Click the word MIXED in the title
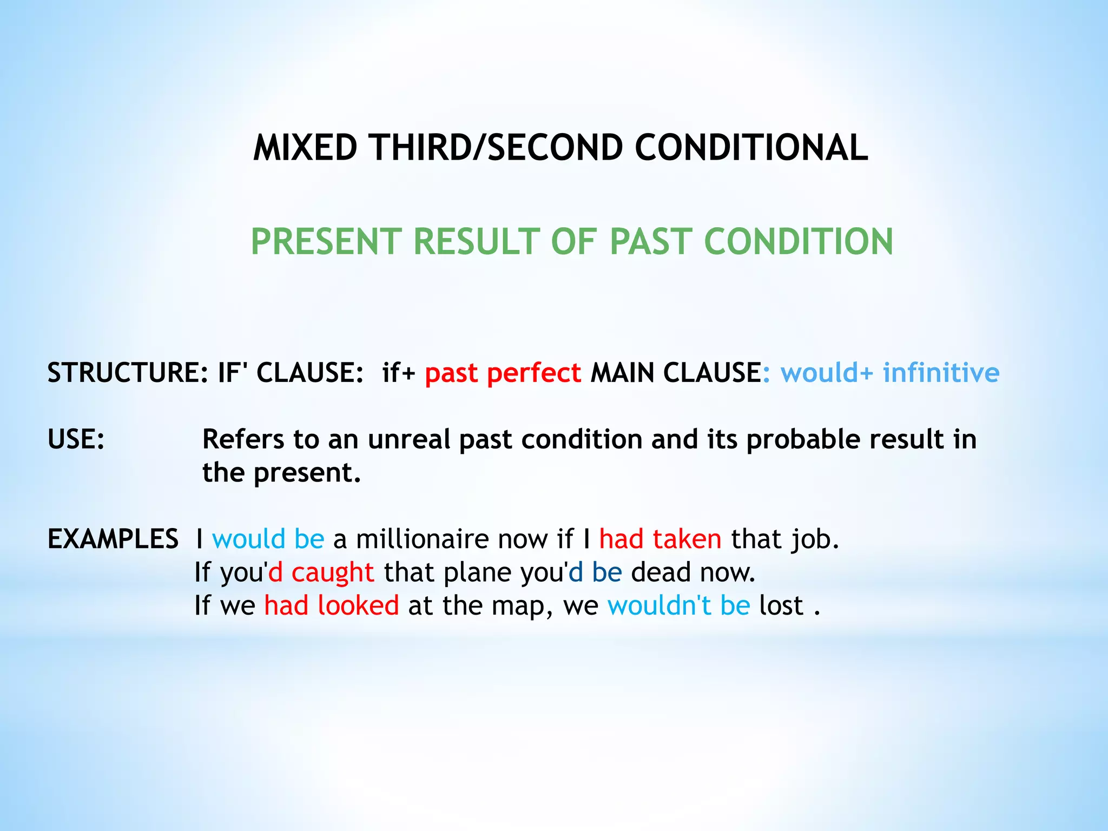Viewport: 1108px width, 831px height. (305, 148)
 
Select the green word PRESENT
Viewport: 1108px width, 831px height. (326, 242)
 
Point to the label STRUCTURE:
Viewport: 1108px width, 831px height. (128, 373)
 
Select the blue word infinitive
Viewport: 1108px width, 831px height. (941, 373)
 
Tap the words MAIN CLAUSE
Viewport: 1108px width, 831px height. (676, 373)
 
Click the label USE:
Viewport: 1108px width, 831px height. (76, 439)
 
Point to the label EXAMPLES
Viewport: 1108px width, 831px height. (113, 539)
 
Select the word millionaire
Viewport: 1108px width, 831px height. (422, 539)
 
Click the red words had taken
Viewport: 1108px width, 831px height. (660, 539)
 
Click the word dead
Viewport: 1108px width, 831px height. (661, 572)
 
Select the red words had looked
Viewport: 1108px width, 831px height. (331, 605)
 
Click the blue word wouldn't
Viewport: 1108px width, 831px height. (659, 605)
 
